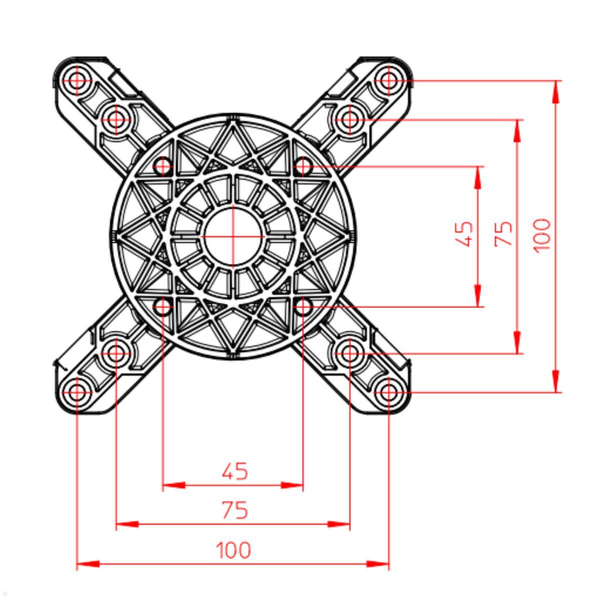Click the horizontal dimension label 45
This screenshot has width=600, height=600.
pos(234,471)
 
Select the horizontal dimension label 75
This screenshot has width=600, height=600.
pos(234,510)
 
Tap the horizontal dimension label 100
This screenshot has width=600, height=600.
pos(233,550)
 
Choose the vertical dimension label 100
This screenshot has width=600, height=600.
pos(542,235)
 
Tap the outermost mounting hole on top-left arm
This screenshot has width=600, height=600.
pos(77,80)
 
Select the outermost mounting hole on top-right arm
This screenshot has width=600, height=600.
pos(389,80)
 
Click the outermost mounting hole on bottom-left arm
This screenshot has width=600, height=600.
pos(77,392)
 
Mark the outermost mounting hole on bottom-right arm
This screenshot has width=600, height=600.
pos(389,392)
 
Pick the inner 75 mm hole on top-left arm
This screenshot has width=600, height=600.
pos(116,119)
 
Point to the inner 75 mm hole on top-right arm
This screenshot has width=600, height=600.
pos(350,119)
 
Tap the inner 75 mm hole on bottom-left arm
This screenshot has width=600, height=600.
pos(116,353)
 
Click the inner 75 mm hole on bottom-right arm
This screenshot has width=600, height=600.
pos(350,353)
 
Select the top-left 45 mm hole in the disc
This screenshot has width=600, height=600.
pos(163,166)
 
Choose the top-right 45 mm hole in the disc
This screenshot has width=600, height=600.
pos(303,166)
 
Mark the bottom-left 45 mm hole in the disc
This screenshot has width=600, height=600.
pos(163,306)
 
